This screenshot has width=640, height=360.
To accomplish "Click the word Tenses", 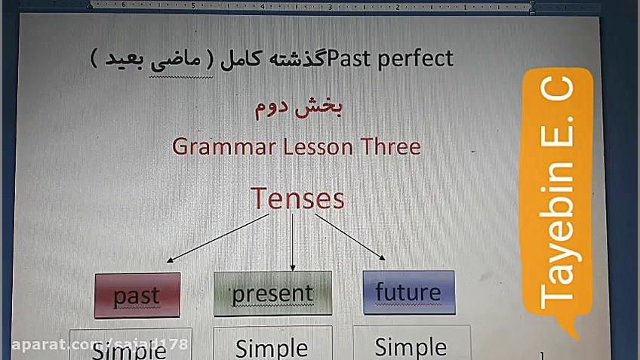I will [297, 198].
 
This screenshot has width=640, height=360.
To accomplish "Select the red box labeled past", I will [137, 295].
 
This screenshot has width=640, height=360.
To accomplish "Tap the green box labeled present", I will [272, 293].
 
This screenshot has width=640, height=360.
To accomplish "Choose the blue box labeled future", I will [408, 291].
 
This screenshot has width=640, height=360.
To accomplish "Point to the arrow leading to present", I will [292, 242].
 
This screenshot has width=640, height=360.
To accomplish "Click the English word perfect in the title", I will [418, 57].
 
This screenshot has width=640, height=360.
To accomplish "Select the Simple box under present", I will [272, 346].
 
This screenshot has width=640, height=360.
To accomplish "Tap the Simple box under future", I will [411, 346].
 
